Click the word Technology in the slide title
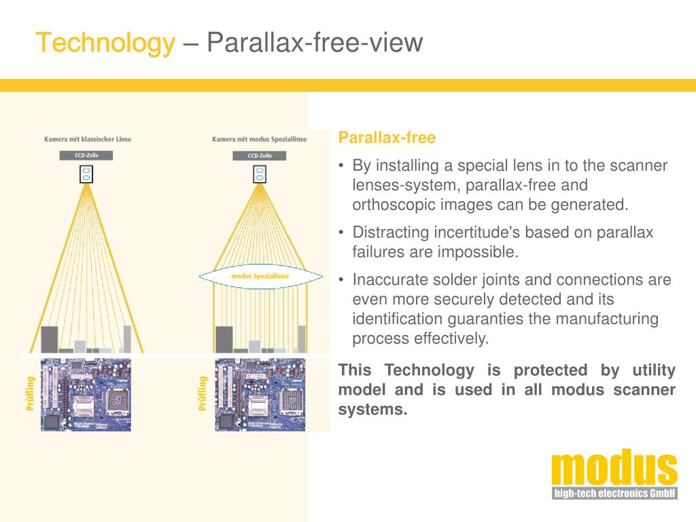105,43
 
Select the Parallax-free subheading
387,138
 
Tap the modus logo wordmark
614,469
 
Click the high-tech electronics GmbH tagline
614,493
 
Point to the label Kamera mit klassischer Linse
88,139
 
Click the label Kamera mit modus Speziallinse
259,139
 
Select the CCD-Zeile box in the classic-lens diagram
86,156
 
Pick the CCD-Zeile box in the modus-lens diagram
259,156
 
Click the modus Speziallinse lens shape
260,275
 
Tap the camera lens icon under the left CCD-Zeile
86,174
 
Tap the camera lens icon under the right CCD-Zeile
259,174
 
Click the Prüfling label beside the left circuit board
30,394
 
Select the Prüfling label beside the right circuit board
203,394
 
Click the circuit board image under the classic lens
86,394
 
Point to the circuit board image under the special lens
260,394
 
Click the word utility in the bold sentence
653,370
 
